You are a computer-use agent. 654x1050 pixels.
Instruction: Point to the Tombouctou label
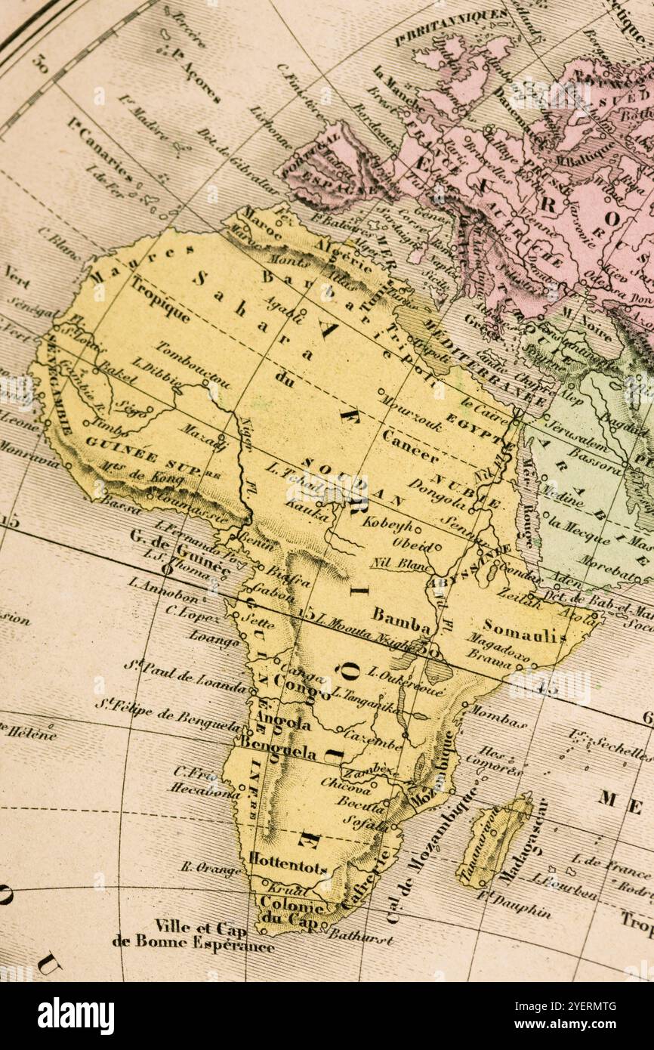pyautogui.click(x=193, y=365)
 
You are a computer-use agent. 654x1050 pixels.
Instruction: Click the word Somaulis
pyautogui.click(x=524, y=630)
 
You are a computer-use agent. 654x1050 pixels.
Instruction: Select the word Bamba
pyautogui.click(x=401, y=617)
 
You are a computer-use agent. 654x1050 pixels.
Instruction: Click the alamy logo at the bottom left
pyautogui.click(x=76, y=1015)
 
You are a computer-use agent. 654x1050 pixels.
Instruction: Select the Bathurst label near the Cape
pyautogui.click(x=359, y=937)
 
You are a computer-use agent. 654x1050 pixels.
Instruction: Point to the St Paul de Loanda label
pyautogui.click(x=186, y=678)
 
